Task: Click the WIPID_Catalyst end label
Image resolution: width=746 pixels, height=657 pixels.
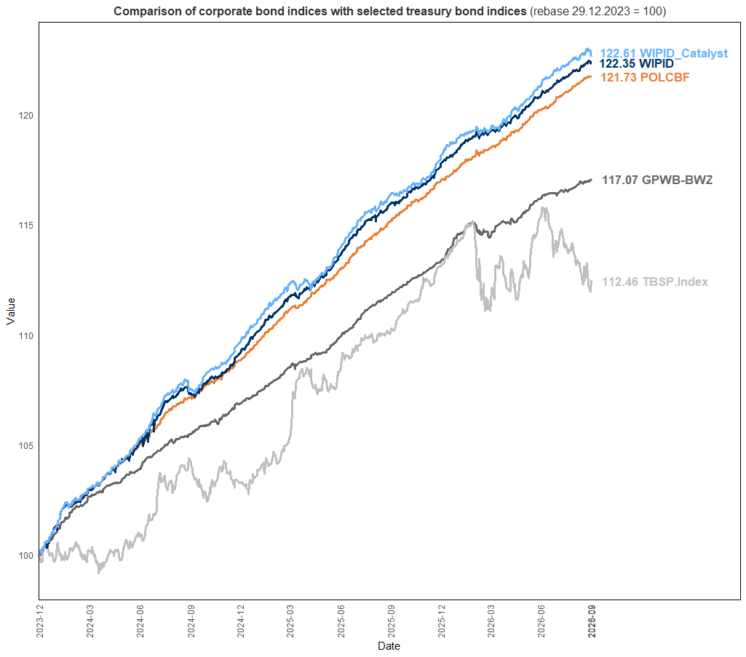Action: coord(664,53)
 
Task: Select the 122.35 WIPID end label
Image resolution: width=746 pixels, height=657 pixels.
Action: coord(637,64)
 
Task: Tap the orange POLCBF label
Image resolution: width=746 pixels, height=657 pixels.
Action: coord(645,78)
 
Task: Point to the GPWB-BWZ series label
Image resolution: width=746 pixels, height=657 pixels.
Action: coord(657,180)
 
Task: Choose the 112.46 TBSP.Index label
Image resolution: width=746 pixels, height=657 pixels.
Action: coord(655,282)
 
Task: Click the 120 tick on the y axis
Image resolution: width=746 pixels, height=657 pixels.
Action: coord(26,115)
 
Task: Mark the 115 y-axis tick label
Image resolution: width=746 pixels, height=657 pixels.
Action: coord(26,225)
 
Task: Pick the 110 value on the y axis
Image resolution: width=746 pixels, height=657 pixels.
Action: coord(26,335)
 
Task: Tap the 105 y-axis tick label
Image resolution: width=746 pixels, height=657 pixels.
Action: coord(26,445)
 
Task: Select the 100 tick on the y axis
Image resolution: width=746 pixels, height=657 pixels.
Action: coord(26,555)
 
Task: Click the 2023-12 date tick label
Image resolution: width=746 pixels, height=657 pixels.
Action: coord(40,621)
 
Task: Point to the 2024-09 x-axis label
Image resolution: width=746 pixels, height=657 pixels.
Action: coord(191,621)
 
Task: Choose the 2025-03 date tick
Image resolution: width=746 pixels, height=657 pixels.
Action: coord(290,621)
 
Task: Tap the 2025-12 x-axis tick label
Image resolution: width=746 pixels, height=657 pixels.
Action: coord(442,621)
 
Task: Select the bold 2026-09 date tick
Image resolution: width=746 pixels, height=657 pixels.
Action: coord(592,621)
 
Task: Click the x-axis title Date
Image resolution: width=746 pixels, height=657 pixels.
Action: coord(389,645)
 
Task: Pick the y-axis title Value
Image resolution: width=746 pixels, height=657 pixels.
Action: coord(11,311)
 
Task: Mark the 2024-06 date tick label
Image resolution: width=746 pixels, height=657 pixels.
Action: coord(140,621)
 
